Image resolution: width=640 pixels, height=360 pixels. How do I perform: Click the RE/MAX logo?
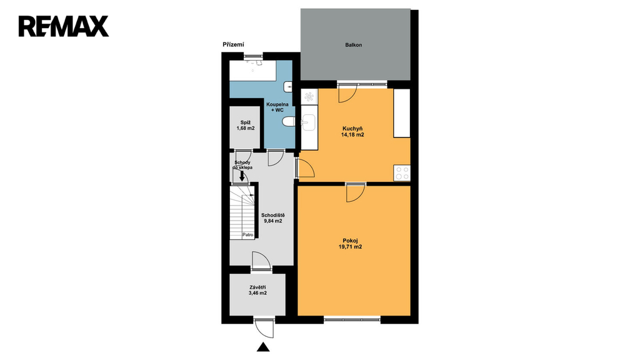point(64,26)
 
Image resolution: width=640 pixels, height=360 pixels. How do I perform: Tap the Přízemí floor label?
point(233,44)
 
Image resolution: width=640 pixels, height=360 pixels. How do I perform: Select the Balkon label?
point(354,45)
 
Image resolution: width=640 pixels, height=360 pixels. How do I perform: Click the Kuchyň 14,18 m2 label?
point(352,131)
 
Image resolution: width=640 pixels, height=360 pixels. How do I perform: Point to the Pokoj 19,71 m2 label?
point(350,244)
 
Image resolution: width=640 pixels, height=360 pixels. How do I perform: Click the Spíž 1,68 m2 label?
point(245,125)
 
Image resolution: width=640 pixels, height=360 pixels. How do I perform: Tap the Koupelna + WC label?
point(277,107)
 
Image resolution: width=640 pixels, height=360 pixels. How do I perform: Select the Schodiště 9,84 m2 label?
point(273,218)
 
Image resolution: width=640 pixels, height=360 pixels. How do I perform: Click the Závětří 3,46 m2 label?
point(257,290)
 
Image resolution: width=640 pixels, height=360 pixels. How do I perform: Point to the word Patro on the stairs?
point(247,235)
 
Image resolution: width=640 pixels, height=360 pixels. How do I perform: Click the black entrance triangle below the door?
point(263,347)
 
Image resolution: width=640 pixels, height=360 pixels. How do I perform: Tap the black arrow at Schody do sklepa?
point(242,176)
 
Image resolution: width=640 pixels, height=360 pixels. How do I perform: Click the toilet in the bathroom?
point(289,122)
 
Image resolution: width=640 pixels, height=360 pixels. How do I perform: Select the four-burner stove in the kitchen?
point(402,172)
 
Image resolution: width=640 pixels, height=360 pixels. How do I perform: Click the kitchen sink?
point(308,122)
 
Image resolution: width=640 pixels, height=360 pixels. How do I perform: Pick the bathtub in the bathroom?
point(253,70)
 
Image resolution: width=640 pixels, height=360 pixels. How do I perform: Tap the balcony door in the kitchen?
point(347,93)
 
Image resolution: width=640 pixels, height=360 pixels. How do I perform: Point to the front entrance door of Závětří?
point(263,327)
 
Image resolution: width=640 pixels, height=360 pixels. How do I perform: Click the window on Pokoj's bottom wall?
point(352,319)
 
